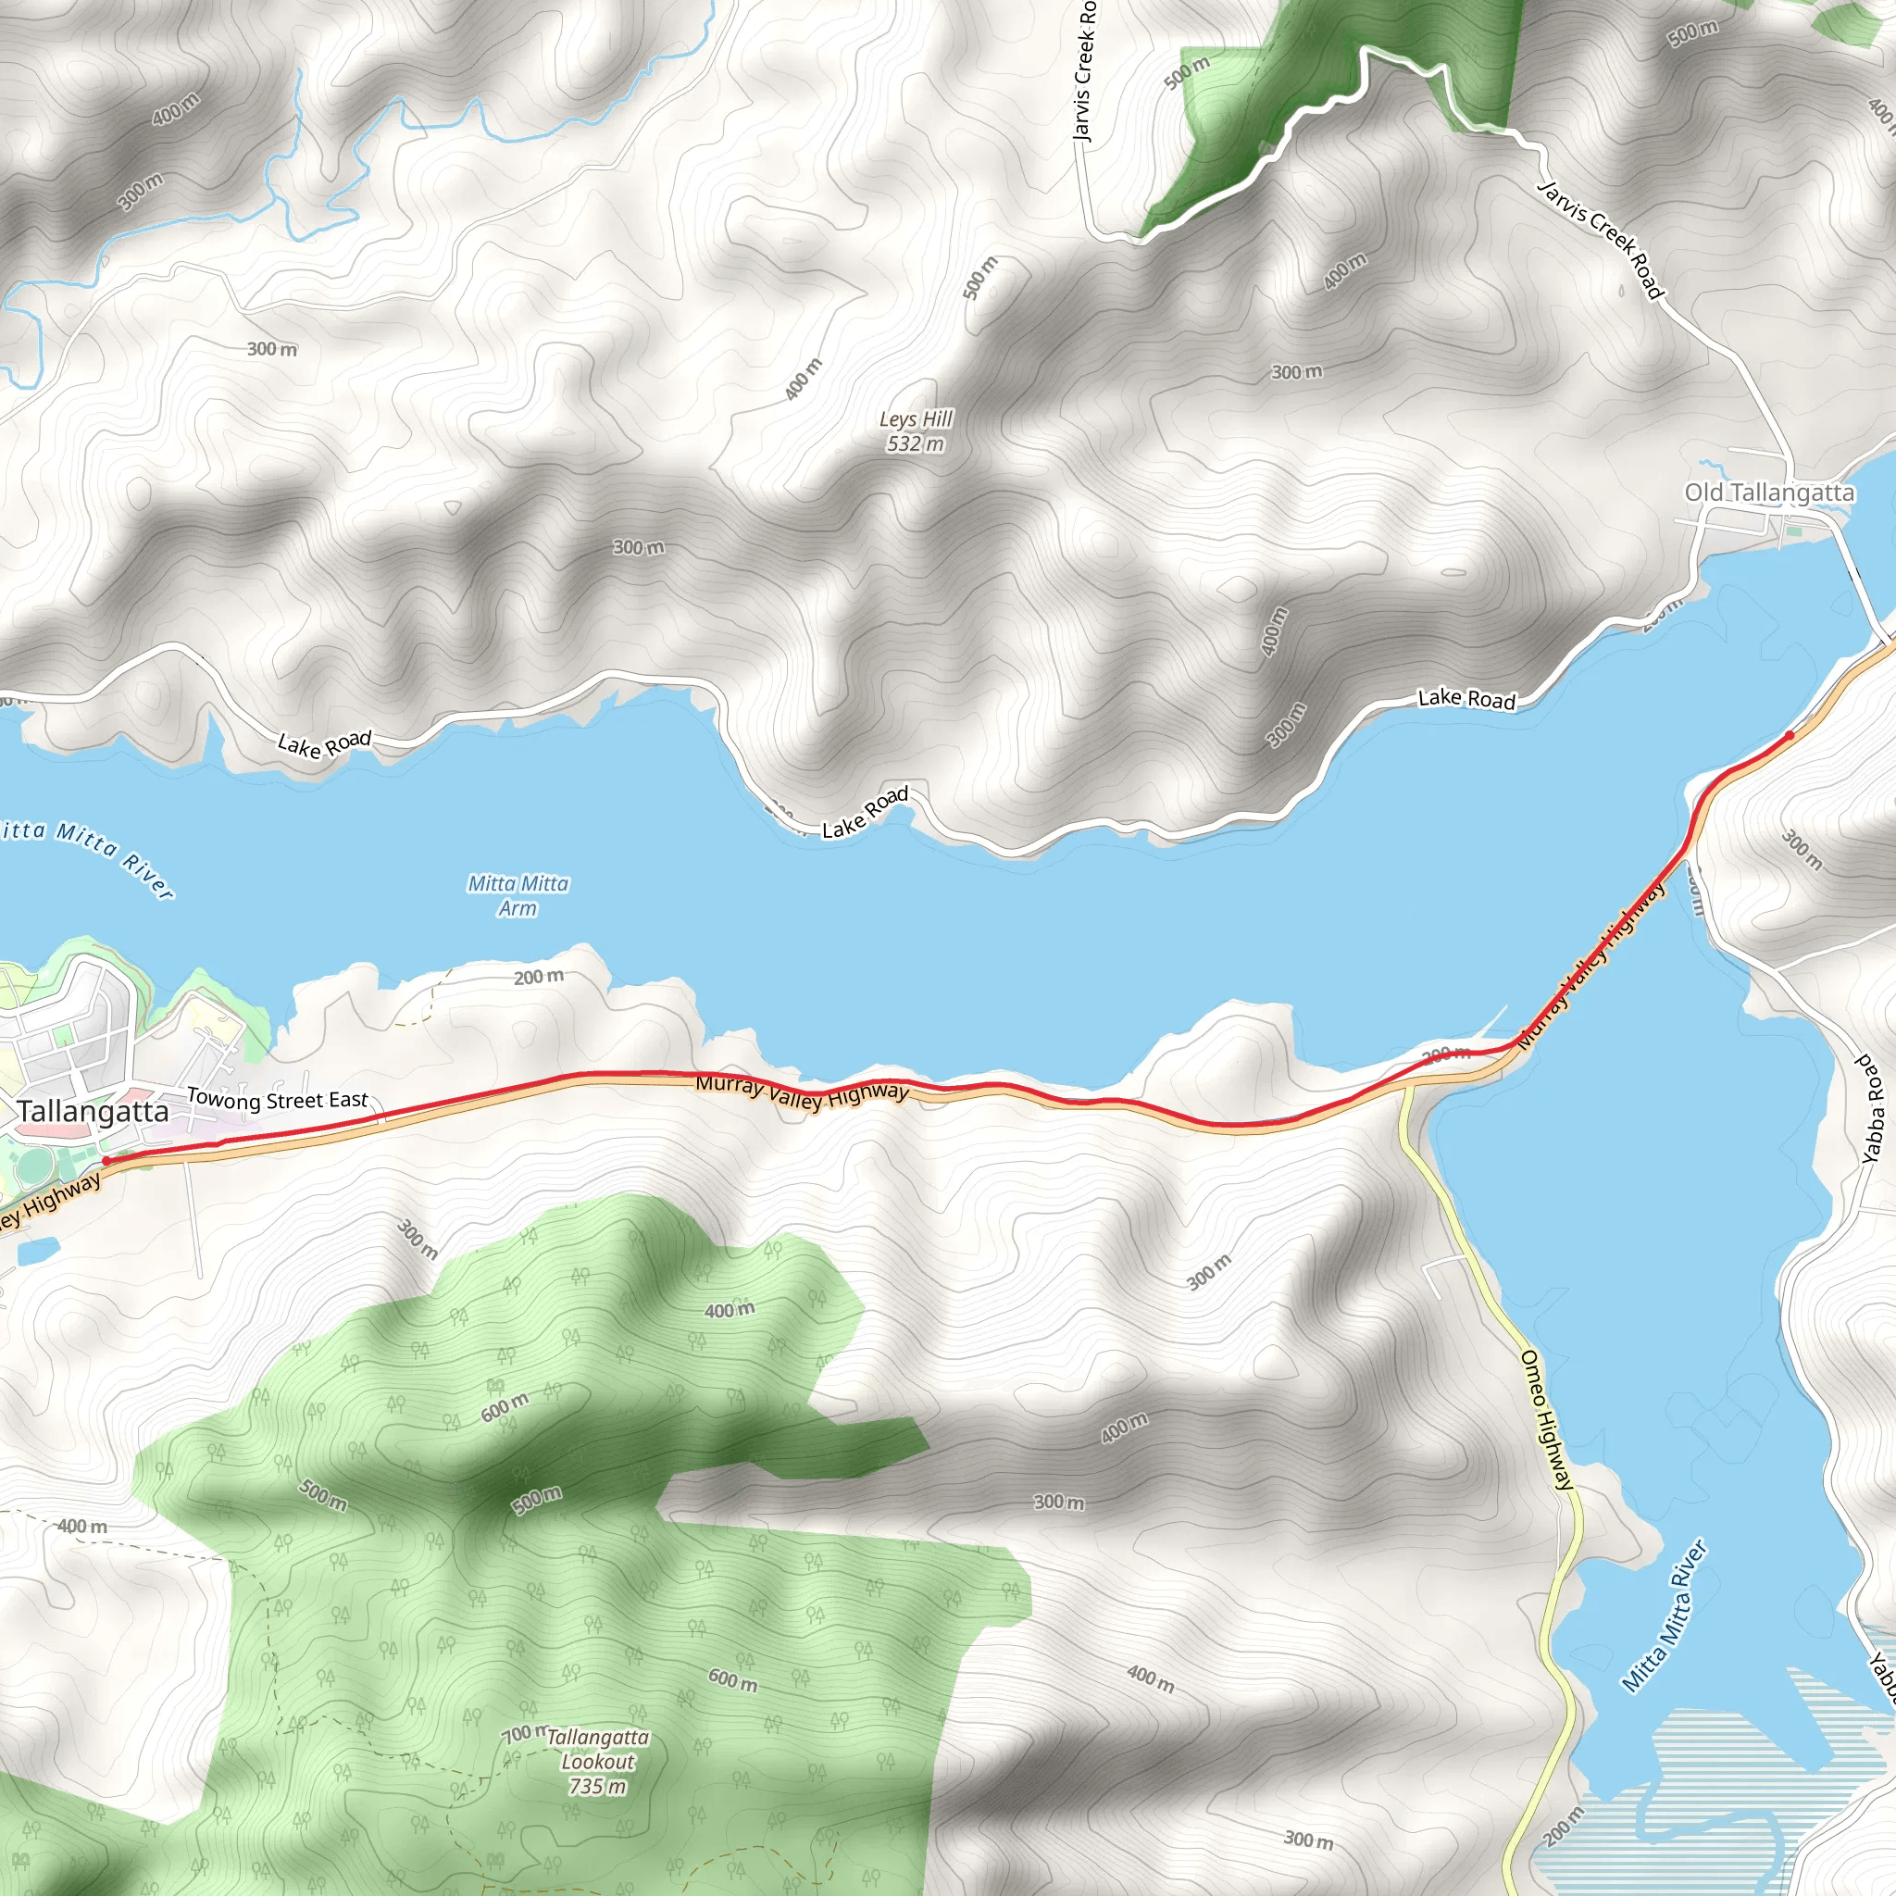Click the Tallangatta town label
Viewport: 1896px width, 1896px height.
94,1112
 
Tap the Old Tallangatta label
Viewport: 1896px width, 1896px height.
1769,493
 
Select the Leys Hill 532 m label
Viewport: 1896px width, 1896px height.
916,431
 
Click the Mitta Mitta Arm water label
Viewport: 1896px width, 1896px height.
518,896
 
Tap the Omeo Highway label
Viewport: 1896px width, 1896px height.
1547,1419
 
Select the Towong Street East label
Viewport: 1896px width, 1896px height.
277,1099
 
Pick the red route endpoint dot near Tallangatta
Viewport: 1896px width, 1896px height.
106,1161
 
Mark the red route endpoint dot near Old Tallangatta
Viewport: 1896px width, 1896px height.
1790,735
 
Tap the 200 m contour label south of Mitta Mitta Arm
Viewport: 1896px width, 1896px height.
539,978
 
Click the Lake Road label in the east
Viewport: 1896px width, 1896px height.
1466,699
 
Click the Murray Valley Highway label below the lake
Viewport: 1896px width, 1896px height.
802,1091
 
